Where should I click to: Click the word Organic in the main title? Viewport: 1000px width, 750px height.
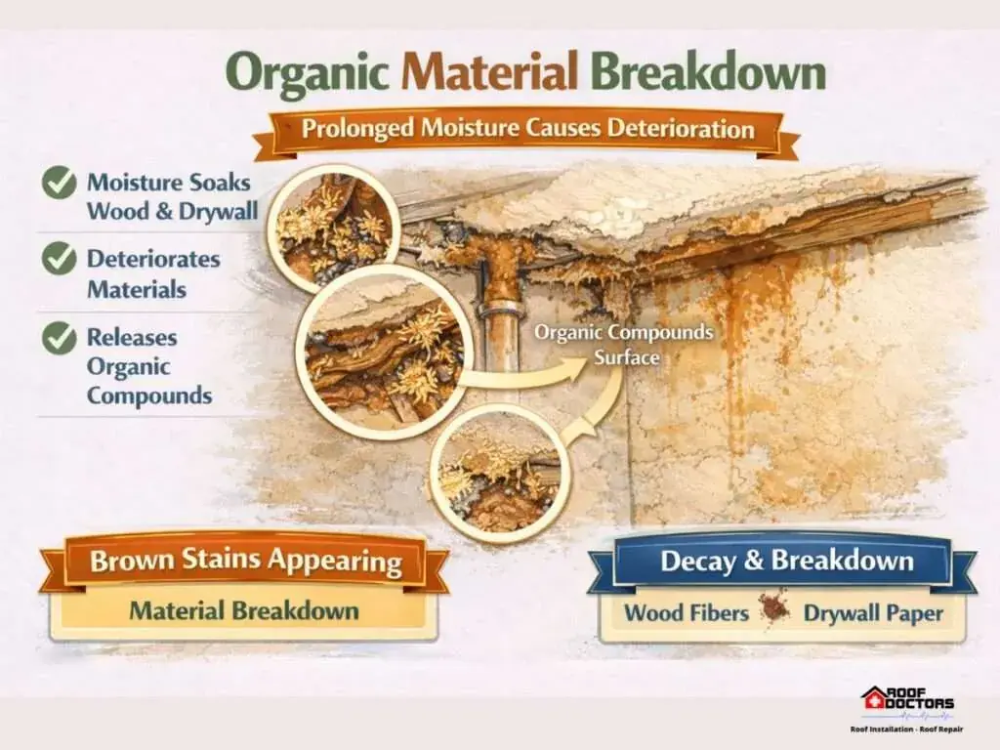tap(307, 72)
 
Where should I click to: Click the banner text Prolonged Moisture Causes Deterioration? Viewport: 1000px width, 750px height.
tap(528, 128)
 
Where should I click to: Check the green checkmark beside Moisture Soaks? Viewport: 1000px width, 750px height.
tap(60, 183)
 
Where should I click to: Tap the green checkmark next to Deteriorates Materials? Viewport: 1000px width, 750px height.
tap(60, 259)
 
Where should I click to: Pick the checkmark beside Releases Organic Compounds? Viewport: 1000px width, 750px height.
tap(60, 337)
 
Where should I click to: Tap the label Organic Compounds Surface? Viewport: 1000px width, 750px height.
tap(624, 345)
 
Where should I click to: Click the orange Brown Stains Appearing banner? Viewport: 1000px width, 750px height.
tap(245, 562)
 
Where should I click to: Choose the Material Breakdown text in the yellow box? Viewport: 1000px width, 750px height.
tap(244, 610)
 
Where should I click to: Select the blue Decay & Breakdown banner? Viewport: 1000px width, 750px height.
tap(782, 562)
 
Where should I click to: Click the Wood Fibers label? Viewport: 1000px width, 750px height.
tap(687, 613)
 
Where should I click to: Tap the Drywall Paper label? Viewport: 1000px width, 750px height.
tap(873, 613)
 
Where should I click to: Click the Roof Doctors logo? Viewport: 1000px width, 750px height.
tap(907, 709)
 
